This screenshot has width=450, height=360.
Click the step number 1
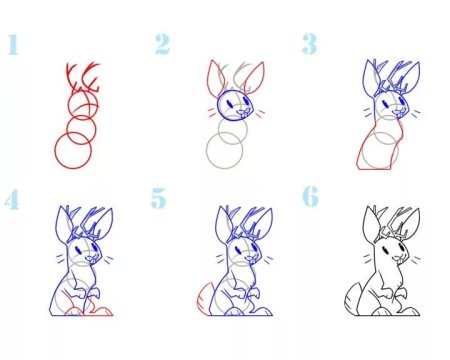pos(13,45)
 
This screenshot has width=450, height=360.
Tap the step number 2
pos(162,44)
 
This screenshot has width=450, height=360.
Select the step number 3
pos(309,44)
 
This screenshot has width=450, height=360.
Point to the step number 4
pos(12,200)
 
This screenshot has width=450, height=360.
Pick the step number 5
pos(158,198)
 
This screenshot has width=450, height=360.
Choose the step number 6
pos(310,197)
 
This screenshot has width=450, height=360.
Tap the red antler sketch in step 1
pos(83,77)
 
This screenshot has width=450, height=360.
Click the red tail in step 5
pos(203,297)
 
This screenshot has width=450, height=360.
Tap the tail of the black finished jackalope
pos(352,298)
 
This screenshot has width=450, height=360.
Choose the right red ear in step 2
pos(255,78)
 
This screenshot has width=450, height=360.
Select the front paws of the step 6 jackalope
pos(397,293)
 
